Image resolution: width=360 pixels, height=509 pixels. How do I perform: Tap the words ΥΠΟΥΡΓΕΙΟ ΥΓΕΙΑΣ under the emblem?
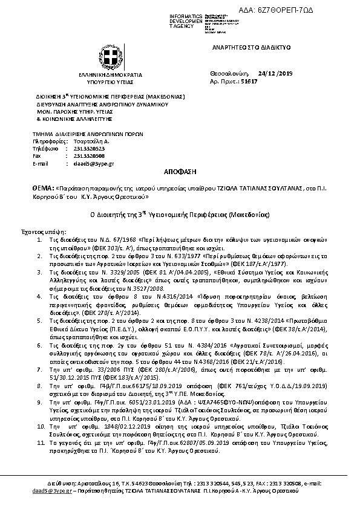(x=110, y=79)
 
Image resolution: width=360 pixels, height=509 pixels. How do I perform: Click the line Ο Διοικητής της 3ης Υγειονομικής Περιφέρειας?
(x=179, y=215)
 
